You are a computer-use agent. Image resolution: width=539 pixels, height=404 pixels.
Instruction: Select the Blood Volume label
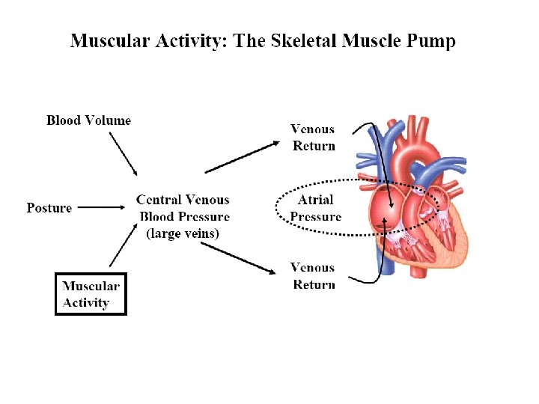tap(88, 120)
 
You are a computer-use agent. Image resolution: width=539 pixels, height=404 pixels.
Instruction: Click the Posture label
tap(49, 208)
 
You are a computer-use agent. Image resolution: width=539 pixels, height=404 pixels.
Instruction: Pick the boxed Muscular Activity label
tap(91, 294)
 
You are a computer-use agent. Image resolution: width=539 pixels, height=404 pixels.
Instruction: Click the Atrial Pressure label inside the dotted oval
tap(315, 208)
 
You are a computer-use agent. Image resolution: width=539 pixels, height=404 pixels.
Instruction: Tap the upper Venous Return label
tap(313, 137)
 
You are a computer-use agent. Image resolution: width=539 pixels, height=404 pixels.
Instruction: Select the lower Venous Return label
tap(313, 275)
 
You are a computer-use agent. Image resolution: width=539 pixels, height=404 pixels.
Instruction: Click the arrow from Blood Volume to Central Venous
tap(123, 154)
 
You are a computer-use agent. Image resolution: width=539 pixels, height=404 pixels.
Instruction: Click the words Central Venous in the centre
tap(183, 200)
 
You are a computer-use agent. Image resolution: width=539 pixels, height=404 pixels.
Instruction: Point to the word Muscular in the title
tap(109, 40)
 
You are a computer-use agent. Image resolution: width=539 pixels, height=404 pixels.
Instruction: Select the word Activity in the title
tap(191, 40)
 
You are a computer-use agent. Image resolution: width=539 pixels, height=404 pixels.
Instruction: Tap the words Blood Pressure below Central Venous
tap(184, 216)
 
